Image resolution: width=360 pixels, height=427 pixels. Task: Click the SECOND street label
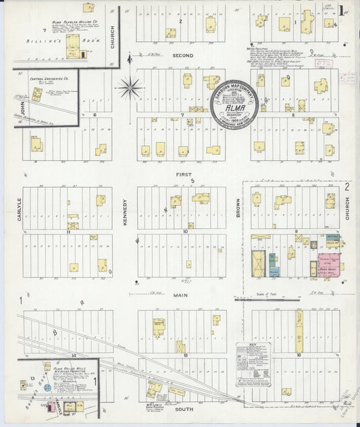182,55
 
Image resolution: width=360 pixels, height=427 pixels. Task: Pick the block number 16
298,353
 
